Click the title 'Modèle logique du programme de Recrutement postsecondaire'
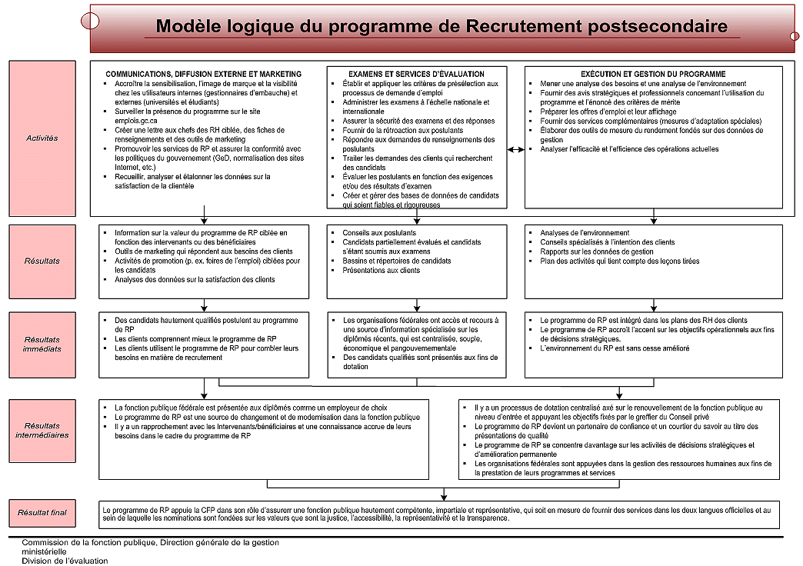point(441,26)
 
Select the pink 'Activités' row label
point(42,138)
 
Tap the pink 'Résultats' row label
point(42,261)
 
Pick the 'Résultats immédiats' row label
point(42,344)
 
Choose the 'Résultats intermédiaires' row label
point(42,430)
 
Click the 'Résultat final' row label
point(42,511)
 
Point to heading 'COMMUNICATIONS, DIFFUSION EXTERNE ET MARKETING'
point(203,74)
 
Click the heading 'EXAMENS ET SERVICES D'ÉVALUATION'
point(416,74)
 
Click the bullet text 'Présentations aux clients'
point(382,271)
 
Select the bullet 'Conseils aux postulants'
point(379,233)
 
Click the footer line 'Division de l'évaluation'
point(65,561)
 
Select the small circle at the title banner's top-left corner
point(90,21)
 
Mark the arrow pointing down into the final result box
point(444,496)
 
